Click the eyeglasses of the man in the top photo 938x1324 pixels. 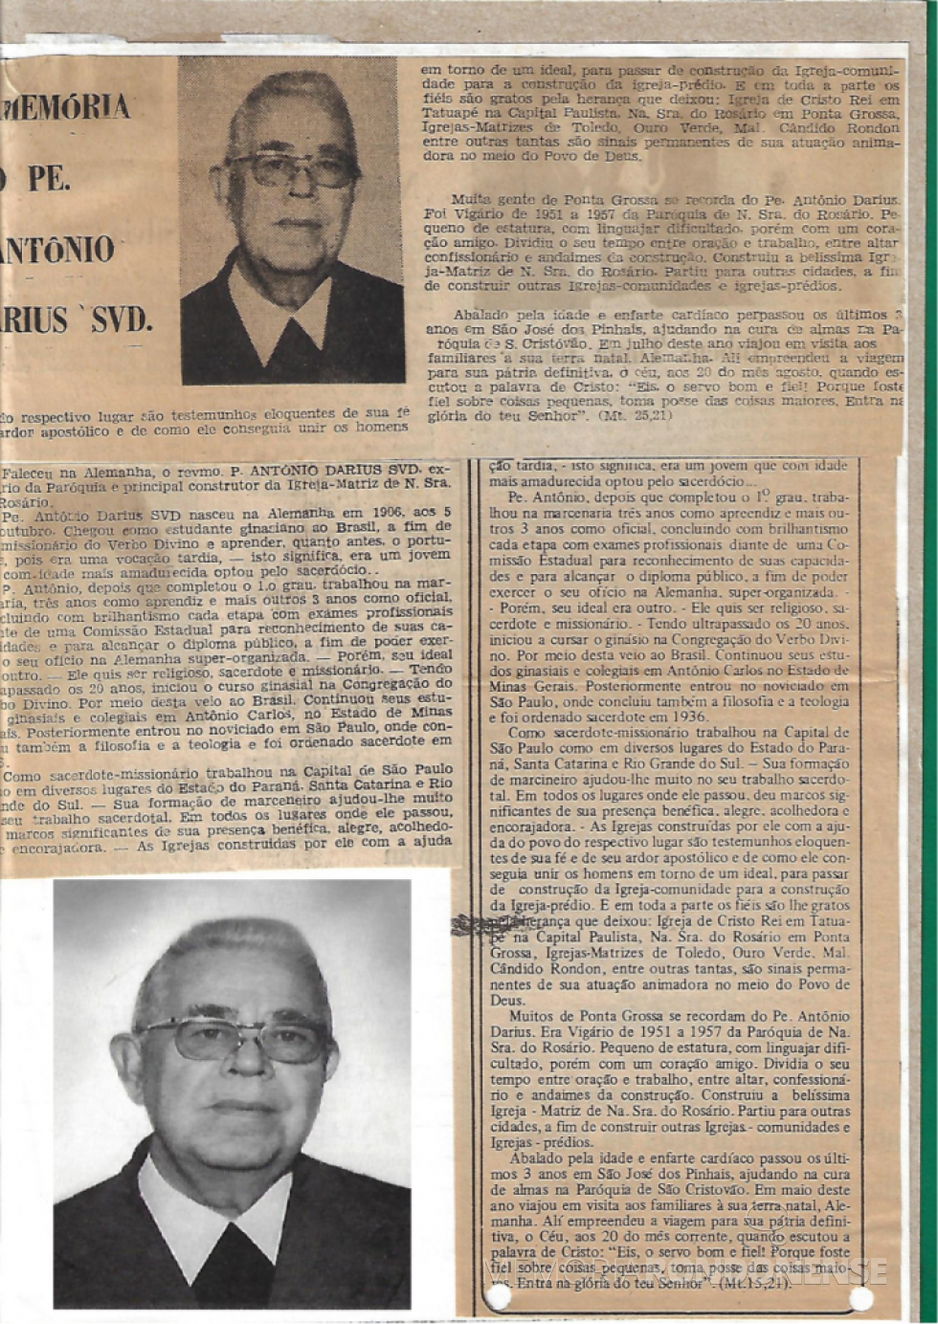(x=293, y=170)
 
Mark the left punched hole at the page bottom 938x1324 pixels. (x=498, y=1297)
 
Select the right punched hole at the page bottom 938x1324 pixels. (x=860, y=1298)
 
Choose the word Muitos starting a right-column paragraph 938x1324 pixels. (x=531, y=1016)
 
